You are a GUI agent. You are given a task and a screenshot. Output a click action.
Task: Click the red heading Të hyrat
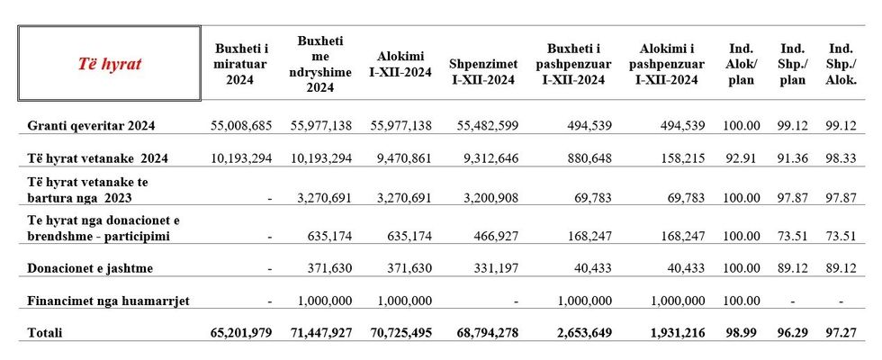108,65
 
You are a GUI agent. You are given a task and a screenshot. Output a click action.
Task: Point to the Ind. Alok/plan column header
742,64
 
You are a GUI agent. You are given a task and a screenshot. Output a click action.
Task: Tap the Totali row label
45,332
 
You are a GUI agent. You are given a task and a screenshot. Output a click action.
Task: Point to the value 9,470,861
401,158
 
